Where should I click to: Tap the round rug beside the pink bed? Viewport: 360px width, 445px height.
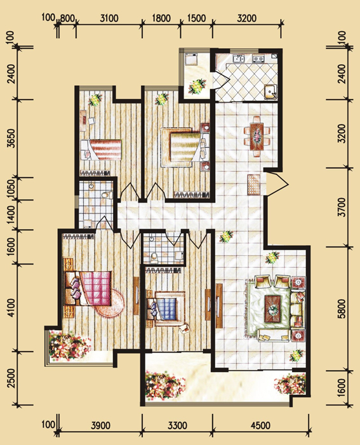(x=109, y=303)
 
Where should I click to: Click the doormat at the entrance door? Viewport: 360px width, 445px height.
(x=253, y=185)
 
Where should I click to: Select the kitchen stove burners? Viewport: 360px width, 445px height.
(x=258, y=59)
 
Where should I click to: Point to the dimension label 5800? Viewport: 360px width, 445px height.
(x=343, y=309)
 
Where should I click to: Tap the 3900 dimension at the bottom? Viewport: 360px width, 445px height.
(x=100, y=425)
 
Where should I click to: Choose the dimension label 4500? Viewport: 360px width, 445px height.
(x=260, y=425)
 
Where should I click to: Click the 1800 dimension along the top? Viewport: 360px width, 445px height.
(x=161, y=18)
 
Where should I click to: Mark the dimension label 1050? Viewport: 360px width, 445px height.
(x=11, y=188)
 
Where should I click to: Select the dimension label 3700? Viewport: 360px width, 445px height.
(x=343, y=208)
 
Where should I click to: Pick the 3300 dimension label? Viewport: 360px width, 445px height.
(x=177, y=425)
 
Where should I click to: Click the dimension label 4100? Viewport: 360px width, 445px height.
(x=11, y=307)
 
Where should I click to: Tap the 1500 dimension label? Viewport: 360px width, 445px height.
(x=196, y=18)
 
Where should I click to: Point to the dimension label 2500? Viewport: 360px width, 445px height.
(x=11, y=378)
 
